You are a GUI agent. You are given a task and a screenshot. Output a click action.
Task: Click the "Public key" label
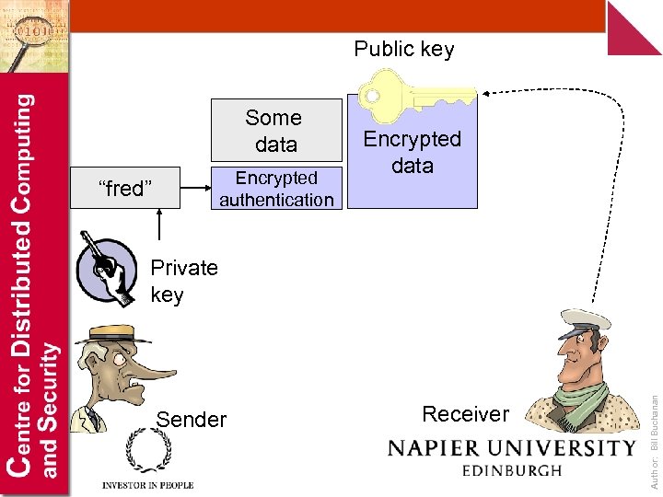[404, 49]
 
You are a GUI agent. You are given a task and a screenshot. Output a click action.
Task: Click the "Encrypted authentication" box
[276, 189]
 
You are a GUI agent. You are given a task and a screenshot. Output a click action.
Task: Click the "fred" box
[123, 189]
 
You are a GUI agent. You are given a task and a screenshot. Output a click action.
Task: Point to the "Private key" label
[183, 281]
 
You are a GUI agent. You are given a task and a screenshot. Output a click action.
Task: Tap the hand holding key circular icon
[109, 269]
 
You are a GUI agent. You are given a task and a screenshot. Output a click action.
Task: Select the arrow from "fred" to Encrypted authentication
[193, 189]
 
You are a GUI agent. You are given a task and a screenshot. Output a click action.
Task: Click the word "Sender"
[192, 420]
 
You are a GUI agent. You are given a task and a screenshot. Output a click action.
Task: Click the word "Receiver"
[465, 414]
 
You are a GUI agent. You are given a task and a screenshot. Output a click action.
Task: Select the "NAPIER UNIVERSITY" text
[512, 448]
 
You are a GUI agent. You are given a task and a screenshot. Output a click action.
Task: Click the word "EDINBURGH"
[512, 471]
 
